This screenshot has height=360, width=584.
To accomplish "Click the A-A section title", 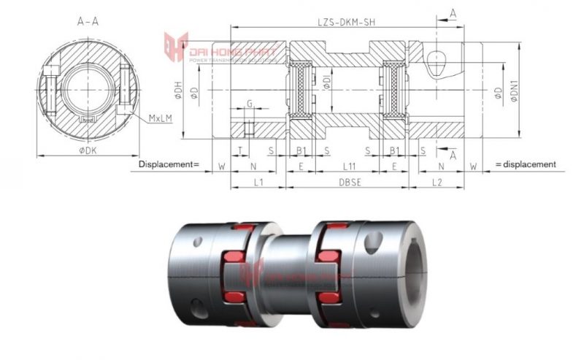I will coord(88,22).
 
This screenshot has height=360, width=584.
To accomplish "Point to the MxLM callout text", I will coord(160,118).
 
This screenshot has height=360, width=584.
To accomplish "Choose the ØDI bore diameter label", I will coord(329,81).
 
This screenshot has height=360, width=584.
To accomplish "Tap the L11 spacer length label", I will coord(349,166).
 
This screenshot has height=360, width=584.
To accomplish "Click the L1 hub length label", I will coord(258,183).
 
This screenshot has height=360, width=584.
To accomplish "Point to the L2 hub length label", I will coord(437,183).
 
